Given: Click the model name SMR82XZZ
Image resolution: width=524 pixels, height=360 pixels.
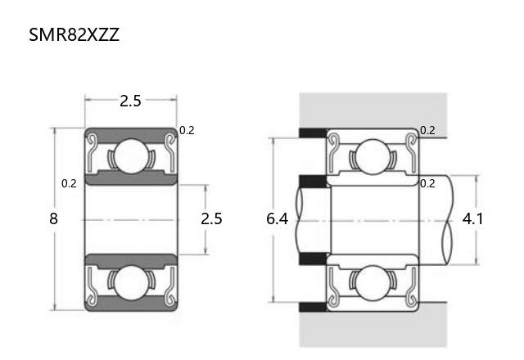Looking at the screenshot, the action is pyautogui.click(x=74, y=34).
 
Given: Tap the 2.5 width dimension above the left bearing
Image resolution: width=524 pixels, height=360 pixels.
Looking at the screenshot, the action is pyautogui.click(x=131, y=101).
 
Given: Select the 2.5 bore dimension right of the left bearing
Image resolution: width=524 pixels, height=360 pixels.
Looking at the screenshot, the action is pyautogui.click(x=211, y=218).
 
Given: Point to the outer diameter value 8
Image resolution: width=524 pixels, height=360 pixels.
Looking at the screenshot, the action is pyautogui.click(x=53, y=218).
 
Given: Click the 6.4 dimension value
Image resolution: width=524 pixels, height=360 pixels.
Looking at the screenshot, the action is pyautogui.click(x=277, y=219).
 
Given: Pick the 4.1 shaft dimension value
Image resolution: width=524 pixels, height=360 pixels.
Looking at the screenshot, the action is pyautogui.click(x=472, y=219).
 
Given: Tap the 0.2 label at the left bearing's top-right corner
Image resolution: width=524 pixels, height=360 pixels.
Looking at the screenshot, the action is pyautogui.click(x=187, y=131).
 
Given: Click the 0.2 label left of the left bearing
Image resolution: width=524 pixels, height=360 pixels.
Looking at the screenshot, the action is pyautogui.click(x=69, y=183).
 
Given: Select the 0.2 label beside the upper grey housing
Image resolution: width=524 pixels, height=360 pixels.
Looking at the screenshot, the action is pyautogui.click(x=427, y=131).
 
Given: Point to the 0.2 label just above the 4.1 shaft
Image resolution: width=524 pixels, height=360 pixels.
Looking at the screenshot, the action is pyautogui.click(x=427, y=183).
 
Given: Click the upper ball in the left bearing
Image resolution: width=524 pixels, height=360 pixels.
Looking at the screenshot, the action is pyautogui.click(x=131, y=156).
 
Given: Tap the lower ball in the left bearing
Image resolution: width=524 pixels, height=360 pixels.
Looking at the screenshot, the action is pyautogui.click(x=131, y=283).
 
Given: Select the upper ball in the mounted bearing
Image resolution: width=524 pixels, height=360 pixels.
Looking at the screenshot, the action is pyautogui.click(x=373, y=156).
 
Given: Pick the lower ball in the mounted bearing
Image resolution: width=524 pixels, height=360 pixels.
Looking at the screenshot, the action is pyautogui.click(x=373, y=283).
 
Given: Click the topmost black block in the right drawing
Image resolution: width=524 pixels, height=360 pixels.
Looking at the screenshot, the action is pyautogui.click(x=313, y=133).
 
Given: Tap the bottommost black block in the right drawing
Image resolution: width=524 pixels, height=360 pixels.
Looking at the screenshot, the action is pyautogui.click(x=313, y=307).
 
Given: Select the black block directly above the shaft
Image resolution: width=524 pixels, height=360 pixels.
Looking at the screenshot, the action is pyautogui.click(x=313, y=182).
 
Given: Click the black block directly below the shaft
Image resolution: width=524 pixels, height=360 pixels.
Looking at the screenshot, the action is pyautogui.click(x=313, y=259).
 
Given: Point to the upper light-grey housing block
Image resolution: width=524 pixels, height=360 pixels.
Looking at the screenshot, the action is pyautogui.click(x=373, y=110).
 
